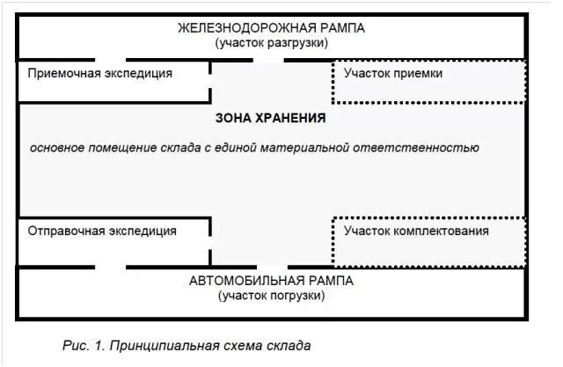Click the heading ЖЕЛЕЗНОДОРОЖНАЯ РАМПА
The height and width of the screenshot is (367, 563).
click(271, 27)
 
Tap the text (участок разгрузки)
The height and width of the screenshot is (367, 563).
click(271, 42)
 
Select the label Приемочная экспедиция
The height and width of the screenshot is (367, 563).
click(100, 73)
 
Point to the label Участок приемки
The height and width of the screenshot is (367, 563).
click(393, 73)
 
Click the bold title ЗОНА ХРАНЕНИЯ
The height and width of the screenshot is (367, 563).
click(271, 117)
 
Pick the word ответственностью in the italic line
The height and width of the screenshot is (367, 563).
click(429, 147)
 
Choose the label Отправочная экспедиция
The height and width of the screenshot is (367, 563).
click(102, 231)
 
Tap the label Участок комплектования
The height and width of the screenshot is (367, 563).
click(417, 231)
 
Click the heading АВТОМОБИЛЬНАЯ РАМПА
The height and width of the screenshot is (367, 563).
click(271, 281)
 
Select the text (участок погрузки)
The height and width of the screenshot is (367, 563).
click(271, 296)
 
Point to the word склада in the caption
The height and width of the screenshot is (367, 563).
click(290, 345)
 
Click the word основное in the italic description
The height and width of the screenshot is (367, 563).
click(58, 147)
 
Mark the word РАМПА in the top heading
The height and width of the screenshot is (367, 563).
click(340, 27)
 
